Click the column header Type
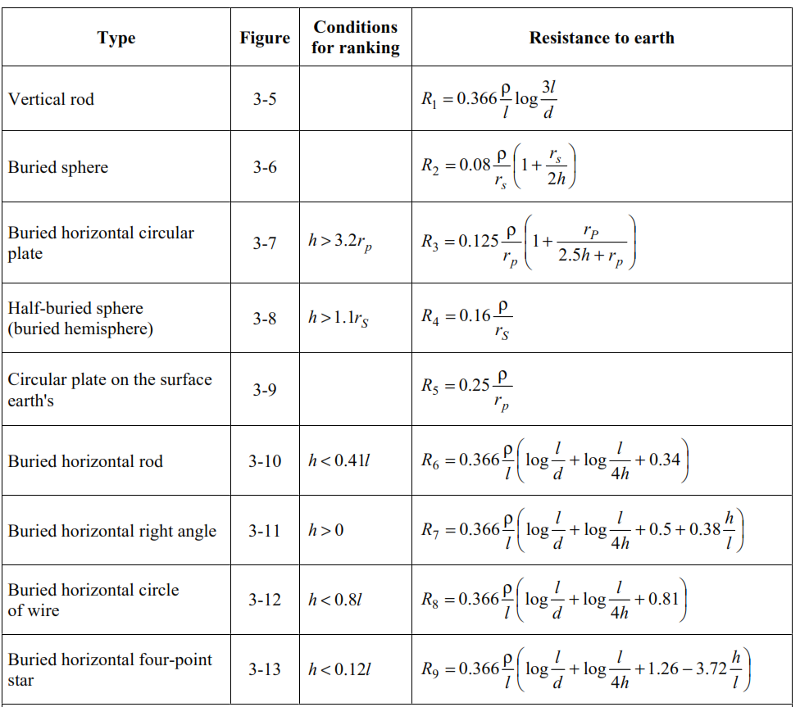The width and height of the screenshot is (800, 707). pos(116,39)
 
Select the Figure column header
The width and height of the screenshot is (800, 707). pos(265,39)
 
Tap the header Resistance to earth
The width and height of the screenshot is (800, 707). pos(602,38)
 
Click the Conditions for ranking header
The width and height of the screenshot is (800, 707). pos(356,37)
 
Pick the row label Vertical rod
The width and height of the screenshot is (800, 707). pos(51,99)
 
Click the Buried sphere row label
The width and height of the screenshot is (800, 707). pos(58,167)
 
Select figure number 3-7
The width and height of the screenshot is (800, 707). pos(265,242)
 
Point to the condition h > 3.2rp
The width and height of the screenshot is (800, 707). pos(340,242)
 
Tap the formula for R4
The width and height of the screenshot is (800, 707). pos(466,319)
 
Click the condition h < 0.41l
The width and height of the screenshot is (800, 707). pos(339,461)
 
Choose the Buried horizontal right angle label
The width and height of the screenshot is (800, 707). pos(112,531)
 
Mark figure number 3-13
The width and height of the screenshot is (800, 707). pos(265,669)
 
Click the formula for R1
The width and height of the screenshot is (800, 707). pos(489,99)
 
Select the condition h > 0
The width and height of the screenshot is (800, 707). pos(325,531)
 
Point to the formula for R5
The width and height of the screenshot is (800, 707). pos(466,390)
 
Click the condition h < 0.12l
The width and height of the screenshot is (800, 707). pos(339,669)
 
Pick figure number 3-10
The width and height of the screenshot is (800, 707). pos(265,461)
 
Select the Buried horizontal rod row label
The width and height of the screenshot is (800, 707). pos(85,461)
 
